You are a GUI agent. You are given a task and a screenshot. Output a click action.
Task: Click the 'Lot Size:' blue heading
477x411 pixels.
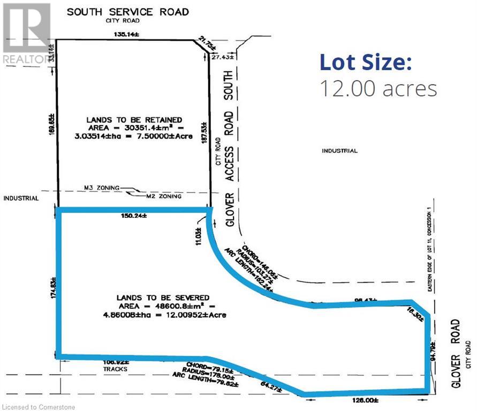pos(366,62)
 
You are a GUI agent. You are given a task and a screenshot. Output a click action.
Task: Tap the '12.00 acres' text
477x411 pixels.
pos(378,88)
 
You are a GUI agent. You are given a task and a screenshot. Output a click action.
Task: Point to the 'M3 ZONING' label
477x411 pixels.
pos(102,188)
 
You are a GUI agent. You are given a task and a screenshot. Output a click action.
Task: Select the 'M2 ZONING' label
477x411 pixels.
pos(164,196)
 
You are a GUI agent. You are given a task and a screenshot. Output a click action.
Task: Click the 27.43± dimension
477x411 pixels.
pos(222,57)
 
